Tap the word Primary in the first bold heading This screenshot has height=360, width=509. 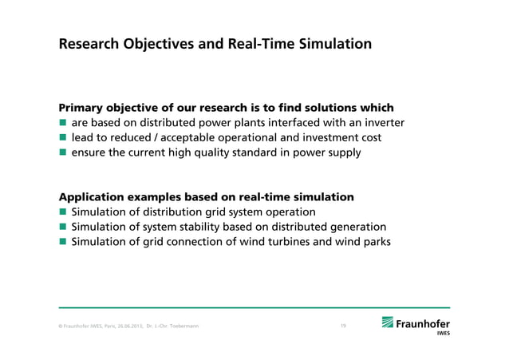pos(83,108)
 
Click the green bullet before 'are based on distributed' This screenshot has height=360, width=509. pos(62,123)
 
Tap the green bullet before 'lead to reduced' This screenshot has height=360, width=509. pos(62,138)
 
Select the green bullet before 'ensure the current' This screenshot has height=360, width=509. pos(62,153)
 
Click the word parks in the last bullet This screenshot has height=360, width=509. pos(375,242)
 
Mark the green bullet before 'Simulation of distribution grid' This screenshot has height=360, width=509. pos(62,212)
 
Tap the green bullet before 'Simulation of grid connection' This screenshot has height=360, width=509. pos(62,243)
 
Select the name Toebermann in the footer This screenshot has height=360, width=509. pos(192,326)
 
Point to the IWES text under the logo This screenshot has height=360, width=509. pos(441,334)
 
